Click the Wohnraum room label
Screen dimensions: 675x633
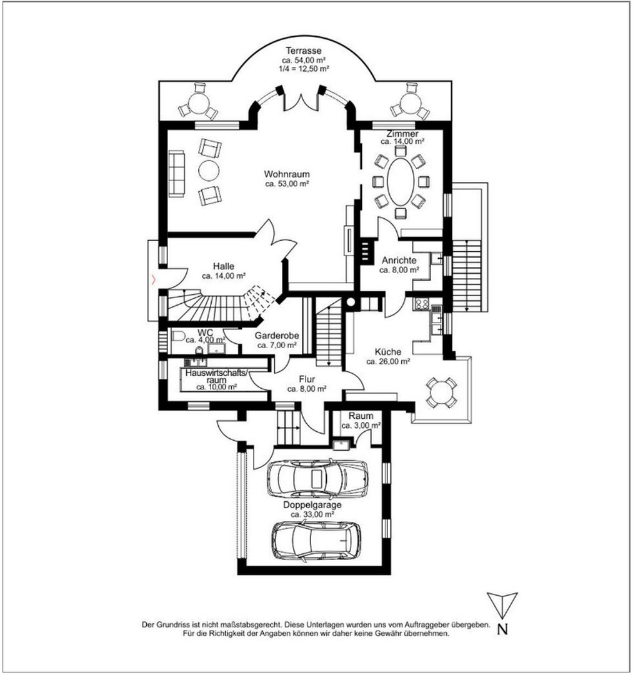(x=287, y=174)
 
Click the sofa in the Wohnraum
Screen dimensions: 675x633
(x=176, y=174)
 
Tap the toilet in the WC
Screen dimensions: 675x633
(x=179, y=337)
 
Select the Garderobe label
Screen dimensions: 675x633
(x=276, y=336)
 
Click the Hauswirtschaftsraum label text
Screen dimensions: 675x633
(x=216, y=376)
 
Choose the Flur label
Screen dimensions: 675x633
(x=306, y=379)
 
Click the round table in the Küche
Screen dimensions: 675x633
(x=441, y=392)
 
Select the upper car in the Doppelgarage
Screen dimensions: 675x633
(x=317, y=479)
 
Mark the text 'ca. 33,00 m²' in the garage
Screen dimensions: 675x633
(x=312, y=514)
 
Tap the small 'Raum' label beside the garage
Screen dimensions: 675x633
(x=361, y=416)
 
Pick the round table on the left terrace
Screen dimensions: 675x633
(x=199, y=103)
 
